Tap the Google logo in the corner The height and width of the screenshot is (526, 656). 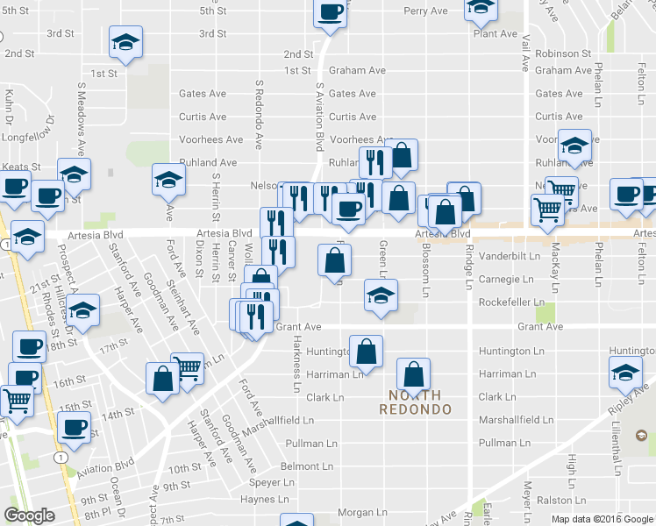30,515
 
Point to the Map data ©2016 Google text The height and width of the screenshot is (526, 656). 602,518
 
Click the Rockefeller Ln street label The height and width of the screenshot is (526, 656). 518,302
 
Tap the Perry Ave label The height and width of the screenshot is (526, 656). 426,11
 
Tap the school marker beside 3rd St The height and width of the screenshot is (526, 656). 125,41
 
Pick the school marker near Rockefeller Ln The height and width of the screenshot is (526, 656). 381,295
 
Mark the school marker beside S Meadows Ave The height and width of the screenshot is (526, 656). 75,174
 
